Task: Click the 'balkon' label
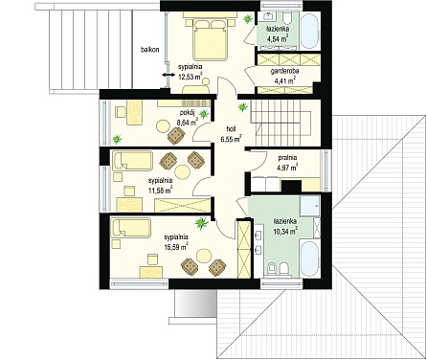click(x=149, y=50)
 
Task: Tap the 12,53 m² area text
click(x=191, y=77)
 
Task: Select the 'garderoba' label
click(x=284, y=71)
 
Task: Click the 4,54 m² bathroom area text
click(x=277, y=39)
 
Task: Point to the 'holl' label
click(x=231, y=129)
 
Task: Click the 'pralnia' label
click(x=287, y=157)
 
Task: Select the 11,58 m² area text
click(x=160, y=191)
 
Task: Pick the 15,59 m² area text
click(x=176, y=247)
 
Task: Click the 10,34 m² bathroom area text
click(x=285, y=231)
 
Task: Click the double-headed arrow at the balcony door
click(x=168, y=75)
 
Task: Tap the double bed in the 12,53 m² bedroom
click(x=211, y=39)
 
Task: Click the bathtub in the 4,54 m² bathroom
click(x=310, y=31)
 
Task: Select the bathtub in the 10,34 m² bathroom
click(x=309, y=259)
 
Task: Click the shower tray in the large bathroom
click(x=309, y=205)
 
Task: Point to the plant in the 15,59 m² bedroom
click(x=201, y=223)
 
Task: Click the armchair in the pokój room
click(x=176, y=136)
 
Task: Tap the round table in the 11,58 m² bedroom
click(x=183, y=172)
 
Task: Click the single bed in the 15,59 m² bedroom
click(x=130, y=228)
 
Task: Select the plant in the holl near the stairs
click(x=243, y=107)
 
